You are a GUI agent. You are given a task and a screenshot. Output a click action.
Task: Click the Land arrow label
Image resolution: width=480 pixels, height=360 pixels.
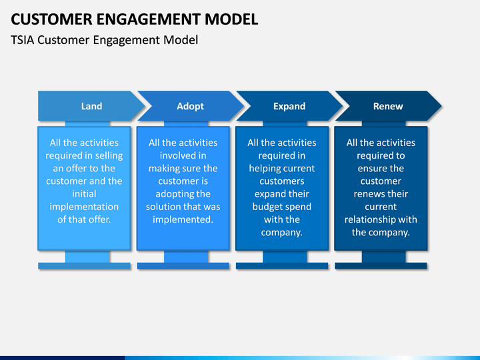[x=91, y=106]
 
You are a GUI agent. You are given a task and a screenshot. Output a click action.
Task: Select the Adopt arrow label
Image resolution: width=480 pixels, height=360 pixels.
[x=190, y=106]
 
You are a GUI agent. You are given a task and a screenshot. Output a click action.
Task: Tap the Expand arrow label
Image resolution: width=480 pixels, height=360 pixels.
[x=289, y=106]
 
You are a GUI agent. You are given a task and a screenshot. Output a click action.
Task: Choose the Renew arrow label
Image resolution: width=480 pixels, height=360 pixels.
[x=388, y=106]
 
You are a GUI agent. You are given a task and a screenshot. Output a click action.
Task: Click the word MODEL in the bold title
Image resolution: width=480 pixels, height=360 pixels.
[x=231, y=19]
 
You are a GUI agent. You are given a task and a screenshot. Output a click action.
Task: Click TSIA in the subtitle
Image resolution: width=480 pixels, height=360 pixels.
[x=23, y=40]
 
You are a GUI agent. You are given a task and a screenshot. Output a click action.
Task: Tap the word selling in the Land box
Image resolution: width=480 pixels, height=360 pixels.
[x=109, y=156]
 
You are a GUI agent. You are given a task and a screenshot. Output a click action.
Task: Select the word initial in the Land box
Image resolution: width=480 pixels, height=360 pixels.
[x=84, y=194]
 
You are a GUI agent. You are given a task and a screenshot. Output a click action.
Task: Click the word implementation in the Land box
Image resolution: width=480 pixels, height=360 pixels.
[x=84, y=207]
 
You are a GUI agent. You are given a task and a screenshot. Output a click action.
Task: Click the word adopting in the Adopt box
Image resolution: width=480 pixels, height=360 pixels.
[x=174, y=194]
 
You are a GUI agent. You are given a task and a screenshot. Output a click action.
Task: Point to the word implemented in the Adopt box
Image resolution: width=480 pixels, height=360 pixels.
[x=183, y=219]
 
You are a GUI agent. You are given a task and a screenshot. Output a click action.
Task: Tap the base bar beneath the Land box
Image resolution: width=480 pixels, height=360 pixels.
[x=84, y=266]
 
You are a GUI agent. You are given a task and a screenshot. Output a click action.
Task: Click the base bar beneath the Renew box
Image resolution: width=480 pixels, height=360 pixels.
[x=381, y=266]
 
